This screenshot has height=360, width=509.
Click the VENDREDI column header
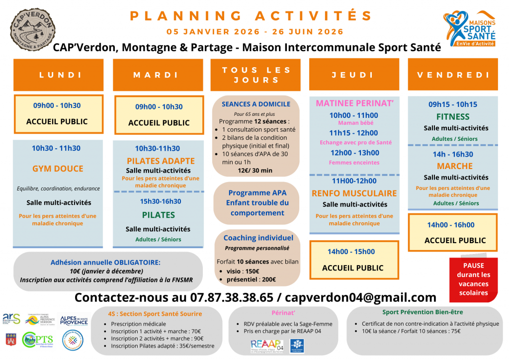[x=453, y=75]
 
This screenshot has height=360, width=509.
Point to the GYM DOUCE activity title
[x=58, y=169]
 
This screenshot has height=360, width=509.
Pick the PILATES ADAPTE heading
[x=161, y=161]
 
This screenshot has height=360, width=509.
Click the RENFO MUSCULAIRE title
[x=354, y=193]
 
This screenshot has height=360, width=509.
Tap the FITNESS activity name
[x=452, y=117]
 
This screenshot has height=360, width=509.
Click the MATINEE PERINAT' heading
[x=354, y=103]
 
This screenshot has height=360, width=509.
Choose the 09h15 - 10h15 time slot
[x=452, y=104]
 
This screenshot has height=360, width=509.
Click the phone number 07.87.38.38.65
[x=232, y=297]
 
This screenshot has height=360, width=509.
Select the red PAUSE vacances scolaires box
[x=473, y=279]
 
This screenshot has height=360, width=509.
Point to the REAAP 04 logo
[x=267, y=345]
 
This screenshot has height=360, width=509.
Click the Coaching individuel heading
[x=258, y=238]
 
